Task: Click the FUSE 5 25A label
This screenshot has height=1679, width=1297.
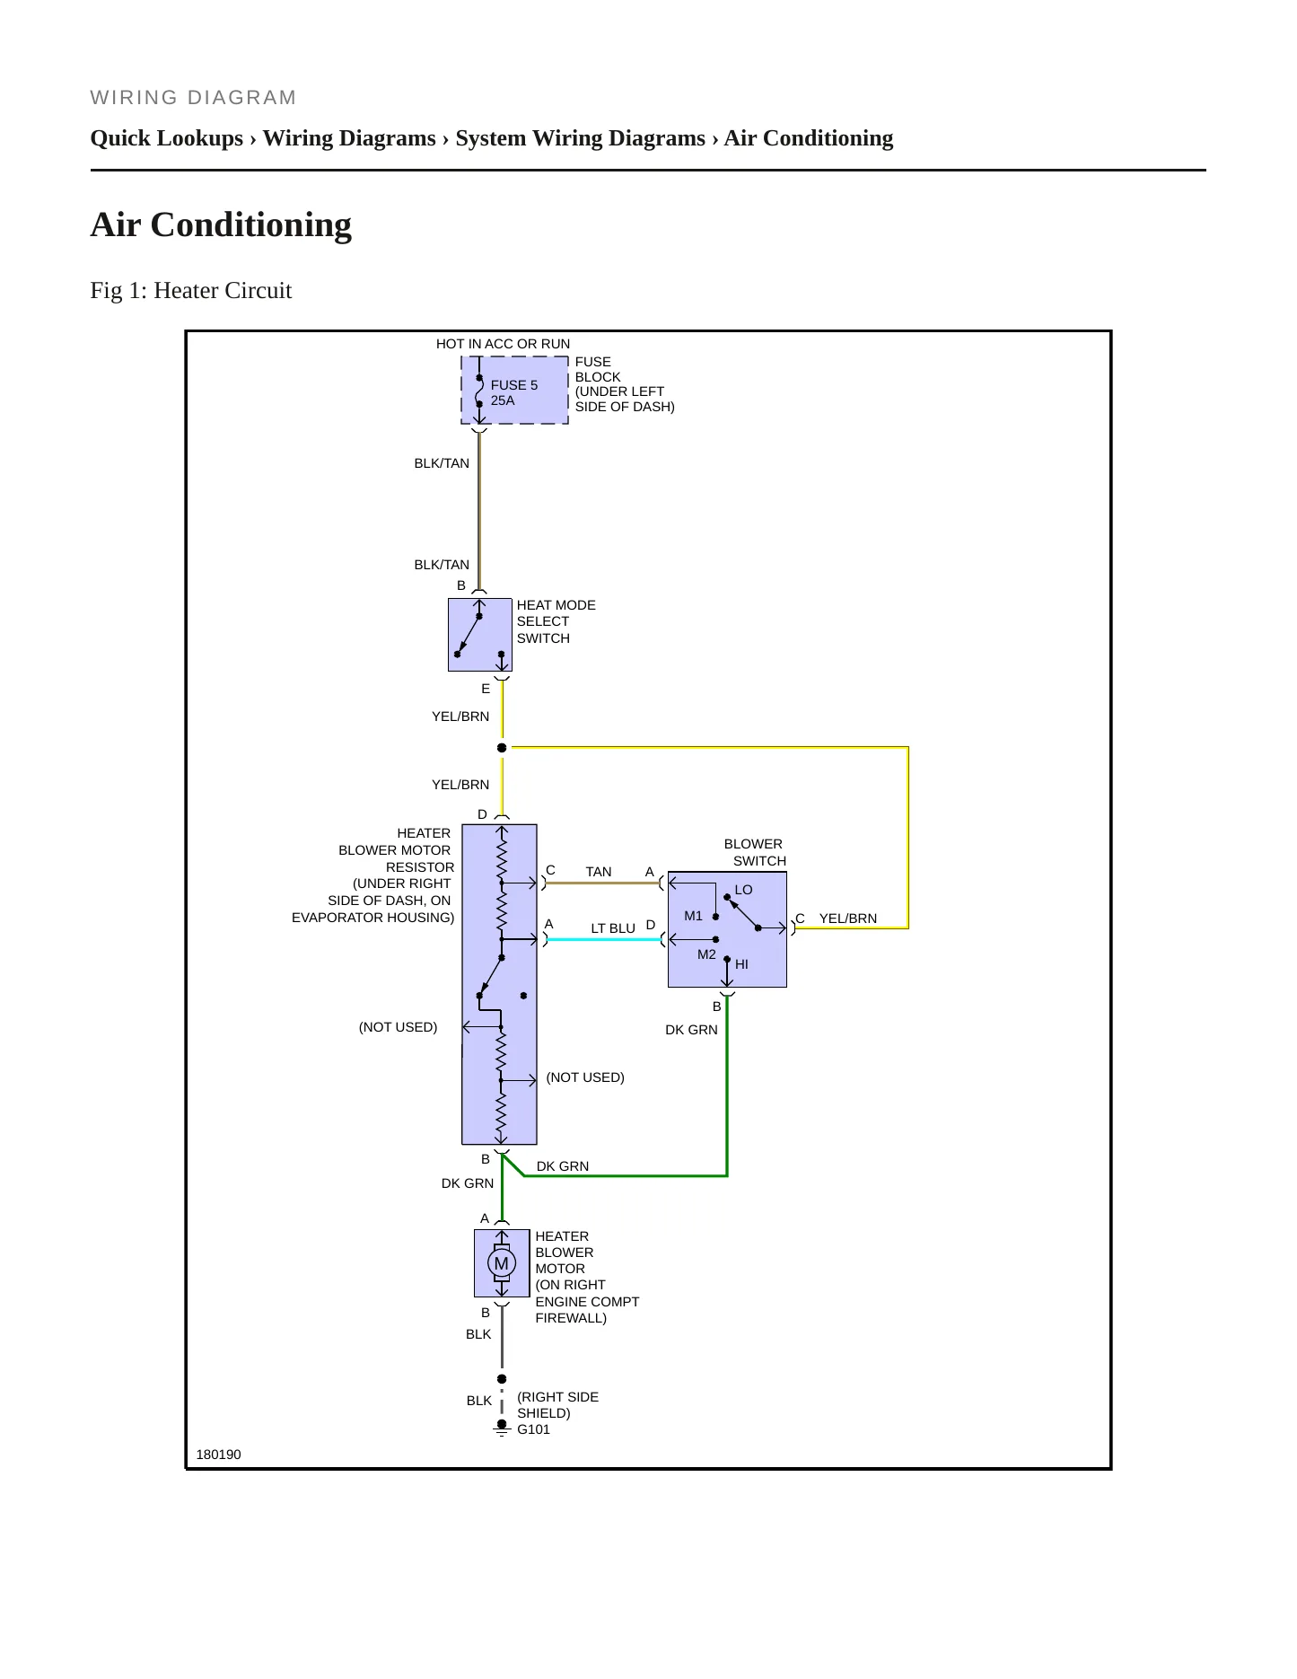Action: pos(514,392)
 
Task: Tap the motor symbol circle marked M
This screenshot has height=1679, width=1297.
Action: pos(502,1263)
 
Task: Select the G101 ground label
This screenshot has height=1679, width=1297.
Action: pos(533,1429)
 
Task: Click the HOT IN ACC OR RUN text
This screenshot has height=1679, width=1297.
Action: pos(503,344)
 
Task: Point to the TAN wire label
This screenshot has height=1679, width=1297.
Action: pos(599,872)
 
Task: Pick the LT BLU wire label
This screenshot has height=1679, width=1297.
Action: pos(613,928)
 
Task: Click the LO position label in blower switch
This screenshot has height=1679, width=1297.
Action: pos(743,890)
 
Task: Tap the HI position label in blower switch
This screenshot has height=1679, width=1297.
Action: pos(741,964)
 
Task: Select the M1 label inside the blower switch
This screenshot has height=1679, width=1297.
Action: pos(693,916)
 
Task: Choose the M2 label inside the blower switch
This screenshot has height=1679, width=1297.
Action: pos(706,954)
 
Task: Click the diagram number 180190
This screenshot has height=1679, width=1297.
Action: pos(218,1455)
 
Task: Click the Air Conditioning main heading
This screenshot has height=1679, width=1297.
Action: pos(221,224)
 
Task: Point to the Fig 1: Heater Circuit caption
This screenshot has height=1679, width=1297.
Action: pos(191,290)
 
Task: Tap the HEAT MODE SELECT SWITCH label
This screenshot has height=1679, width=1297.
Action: pos(556,621)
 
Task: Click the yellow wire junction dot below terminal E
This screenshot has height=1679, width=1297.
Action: pos(502,748)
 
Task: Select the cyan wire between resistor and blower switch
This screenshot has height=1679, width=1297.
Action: pos(604,939)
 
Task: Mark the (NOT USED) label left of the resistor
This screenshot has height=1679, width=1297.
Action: pos(398,1027)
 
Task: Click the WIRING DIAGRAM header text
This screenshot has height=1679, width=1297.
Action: pos(193,98)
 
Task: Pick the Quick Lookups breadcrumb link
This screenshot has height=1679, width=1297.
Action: pos(167,138)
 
